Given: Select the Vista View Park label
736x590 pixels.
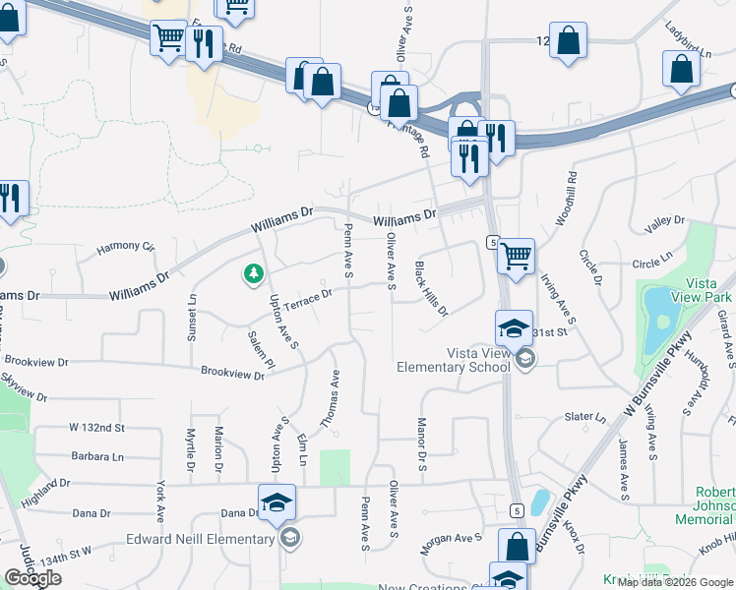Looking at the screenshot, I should coord(705,289).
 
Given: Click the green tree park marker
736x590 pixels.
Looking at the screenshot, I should coord(254,273).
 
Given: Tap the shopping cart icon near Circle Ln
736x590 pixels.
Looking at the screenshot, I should coord(516,258).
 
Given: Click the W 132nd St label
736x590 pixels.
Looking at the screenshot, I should coord(97,428).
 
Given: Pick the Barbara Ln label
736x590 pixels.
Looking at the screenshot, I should coord(97,456).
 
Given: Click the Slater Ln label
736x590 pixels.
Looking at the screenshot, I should coord(585,417).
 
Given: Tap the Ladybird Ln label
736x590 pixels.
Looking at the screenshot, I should coord(688,39).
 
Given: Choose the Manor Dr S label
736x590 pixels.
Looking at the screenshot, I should coord(421,443).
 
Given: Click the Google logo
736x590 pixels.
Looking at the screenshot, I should coord(32,578).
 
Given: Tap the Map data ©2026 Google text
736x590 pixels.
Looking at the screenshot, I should coord(675,582).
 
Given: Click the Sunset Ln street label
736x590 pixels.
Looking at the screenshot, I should coord(192,318).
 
